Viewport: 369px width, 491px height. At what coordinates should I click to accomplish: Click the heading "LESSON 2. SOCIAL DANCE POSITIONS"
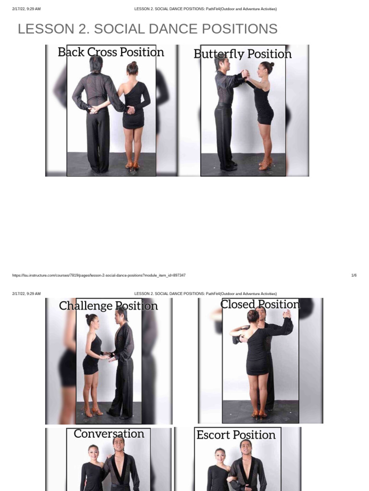[148, 29]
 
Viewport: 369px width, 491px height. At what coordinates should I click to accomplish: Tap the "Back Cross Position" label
[111, 52]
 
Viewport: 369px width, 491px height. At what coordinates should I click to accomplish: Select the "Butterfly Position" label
[243, 54]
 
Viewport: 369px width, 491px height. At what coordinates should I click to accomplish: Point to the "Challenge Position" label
[108, 306]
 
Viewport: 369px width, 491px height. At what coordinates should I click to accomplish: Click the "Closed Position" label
[259, 304]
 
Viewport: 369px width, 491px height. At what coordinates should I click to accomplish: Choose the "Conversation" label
[109, 434]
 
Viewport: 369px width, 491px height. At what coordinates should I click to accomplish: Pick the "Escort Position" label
[236, 435]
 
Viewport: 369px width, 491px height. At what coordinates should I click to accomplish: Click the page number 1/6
[354, 275]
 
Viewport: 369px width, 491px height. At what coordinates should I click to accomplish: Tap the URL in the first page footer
[99, 275]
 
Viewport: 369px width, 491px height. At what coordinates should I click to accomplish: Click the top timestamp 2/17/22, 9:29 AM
[26, 9]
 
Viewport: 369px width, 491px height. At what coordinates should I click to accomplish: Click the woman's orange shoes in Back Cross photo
[132, 165]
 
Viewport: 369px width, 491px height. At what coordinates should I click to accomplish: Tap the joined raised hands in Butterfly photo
[245, 74]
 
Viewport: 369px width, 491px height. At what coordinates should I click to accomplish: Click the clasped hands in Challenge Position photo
[107, 356]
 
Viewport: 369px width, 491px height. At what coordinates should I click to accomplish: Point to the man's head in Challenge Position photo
[122, 315]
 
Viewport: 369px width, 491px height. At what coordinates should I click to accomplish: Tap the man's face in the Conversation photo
[119, 444]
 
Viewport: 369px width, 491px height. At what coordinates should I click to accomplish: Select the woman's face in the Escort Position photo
[221, 456]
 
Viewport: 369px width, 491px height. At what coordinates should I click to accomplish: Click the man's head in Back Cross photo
[96, 64]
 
